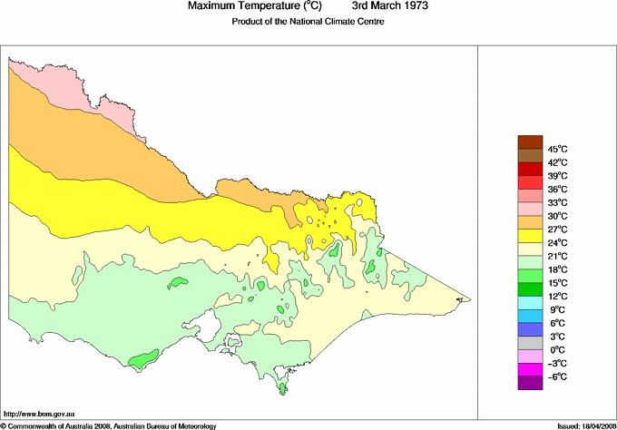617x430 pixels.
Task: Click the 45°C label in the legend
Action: tap(556, 149)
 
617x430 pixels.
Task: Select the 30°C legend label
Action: tap(556, 216)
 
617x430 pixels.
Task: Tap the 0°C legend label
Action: tap(556, 350)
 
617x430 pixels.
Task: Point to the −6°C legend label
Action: tap(556, 376)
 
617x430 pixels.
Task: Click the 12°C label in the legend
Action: tap(556, 297)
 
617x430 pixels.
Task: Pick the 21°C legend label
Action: tap(556, 257)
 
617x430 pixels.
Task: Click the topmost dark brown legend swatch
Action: tap(529, 142)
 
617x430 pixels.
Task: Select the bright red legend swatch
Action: tap(529, 169)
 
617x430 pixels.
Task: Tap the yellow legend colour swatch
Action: tap(529, 236)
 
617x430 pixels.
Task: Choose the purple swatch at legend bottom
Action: tap(529, 384)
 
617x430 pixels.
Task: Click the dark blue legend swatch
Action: tap(529, 330)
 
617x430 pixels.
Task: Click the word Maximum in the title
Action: tap(218, 6)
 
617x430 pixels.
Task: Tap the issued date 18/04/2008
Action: tap(593, 425)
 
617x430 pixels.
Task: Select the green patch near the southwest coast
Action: tap(140, 361)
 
